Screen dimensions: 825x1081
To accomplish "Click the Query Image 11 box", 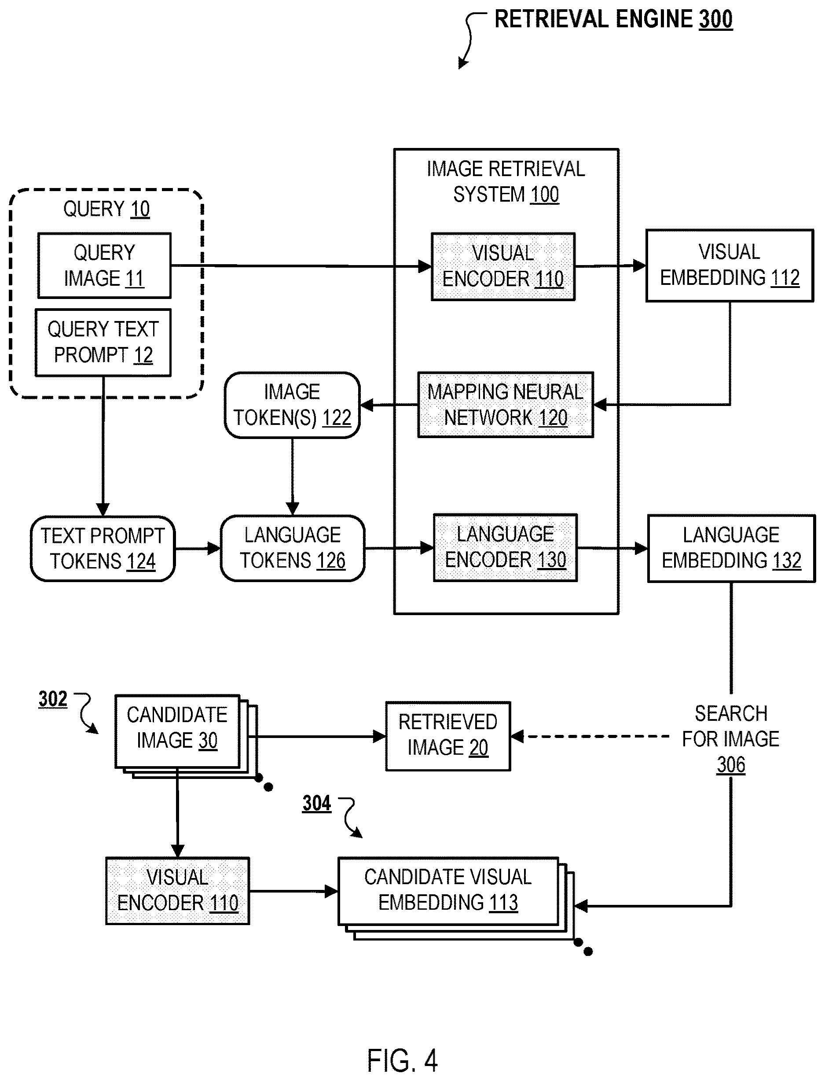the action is [x=104, y=266].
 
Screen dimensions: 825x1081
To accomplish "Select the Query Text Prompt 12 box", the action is [x=103, y=343].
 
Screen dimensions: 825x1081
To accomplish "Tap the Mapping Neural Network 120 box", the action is [x=505, y=405].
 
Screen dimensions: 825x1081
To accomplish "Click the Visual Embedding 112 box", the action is [x=729, y=266].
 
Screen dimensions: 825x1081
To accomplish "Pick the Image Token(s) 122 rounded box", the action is [x=292, y=405].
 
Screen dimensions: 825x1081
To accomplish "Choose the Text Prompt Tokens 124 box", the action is [x=103, y=548].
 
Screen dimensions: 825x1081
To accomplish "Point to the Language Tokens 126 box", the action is [x=293, y=548].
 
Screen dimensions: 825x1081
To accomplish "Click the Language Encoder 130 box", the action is [x=505, y=547].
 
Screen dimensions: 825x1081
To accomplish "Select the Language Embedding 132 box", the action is [x=731, y=548].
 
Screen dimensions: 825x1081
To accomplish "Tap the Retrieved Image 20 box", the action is [x=448, y=736].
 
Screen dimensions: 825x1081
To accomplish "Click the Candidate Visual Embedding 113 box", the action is [x=448, y=891].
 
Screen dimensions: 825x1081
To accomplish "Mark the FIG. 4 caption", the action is [x=402, y=1060].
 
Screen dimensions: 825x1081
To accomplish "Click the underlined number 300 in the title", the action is [x=716, y=20].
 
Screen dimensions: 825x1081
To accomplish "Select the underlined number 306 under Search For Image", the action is [x=731, y=765].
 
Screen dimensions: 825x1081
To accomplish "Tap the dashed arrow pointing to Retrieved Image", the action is [x=590, y=737].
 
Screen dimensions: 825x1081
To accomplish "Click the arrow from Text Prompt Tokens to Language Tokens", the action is [x=198, y=548].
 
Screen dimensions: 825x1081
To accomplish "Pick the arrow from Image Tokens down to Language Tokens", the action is [x=292, y=476].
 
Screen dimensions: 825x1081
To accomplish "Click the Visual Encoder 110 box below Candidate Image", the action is [x=177, y=891].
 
